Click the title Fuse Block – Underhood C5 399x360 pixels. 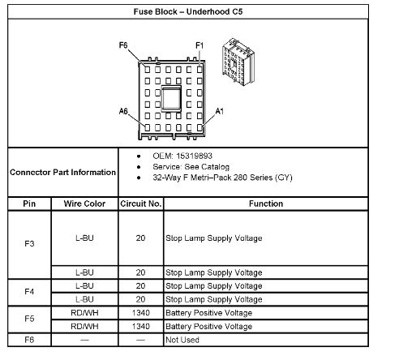[188, 11]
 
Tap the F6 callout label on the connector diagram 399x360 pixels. [123, 45]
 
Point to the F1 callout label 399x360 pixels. [199, 45]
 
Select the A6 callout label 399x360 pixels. [123, 111]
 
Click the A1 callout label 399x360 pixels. [220, 111]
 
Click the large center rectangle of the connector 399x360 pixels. [171, 99]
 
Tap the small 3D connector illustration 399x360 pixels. [238, 62]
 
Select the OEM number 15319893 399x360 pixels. [194, 156]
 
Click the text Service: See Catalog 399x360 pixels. [191, 167]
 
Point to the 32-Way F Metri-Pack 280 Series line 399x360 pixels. [222, 178]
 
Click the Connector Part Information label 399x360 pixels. [62, 172]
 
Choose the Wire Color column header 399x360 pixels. [84, 204]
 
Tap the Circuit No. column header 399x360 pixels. [141, 204]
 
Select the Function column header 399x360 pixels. [266, 204]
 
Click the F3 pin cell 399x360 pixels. [29, 244]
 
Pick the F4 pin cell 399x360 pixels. [29, 292]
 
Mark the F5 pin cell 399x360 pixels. [29, 319]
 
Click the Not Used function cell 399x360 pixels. [182, 340]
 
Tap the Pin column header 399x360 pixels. [29, 204]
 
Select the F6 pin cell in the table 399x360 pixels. [29, 340]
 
